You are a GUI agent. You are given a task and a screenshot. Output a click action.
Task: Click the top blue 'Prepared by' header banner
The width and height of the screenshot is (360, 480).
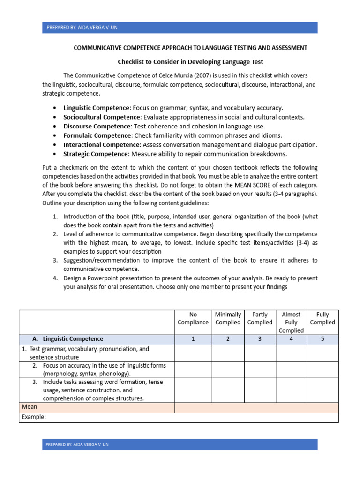[180, 27]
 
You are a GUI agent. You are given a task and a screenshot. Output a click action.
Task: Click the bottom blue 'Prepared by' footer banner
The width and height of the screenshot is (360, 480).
[180, 444]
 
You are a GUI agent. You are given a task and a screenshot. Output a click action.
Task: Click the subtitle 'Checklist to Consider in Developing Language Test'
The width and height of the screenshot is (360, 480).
[190, 61]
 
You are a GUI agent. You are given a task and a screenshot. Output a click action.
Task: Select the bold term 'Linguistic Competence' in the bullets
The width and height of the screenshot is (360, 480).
[96, 108]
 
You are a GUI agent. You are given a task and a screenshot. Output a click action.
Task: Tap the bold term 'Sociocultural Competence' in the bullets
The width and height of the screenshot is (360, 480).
[102, 117]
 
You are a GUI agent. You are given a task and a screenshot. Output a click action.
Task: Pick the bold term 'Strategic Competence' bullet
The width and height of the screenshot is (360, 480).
[95, 154]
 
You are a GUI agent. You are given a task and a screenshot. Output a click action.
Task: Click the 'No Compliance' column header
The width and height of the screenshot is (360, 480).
[193, 318]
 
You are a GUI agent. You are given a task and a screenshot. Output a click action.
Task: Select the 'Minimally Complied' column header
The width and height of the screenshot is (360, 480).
[228, 318]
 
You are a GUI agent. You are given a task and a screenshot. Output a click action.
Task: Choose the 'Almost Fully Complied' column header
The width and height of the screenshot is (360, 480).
[291, 322]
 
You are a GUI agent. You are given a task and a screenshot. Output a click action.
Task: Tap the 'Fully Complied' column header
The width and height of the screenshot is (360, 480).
[322, 318]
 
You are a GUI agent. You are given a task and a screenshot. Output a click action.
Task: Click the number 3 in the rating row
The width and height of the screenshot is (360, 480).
[260, 339]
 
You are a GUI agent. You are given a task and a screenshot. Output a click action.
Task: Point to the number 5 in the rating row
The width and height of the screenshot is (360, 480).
[322, 339]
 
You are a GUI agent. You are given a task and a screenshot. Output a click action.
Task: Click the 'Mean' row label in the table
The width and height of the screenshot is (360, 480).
[30, 407]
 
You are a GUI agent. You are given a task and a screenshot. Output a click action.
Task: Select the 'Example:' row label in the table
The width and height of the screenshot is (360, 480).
[34, 417]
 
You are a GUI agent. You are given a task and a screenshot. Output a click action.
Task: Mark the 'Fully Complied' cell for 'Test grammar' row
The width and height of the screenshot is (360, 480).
[322, 353]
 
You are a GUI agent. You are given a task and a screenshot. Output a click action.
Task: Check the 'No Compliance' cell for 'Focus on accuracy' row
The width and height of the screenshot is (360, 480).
[193, 369]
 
